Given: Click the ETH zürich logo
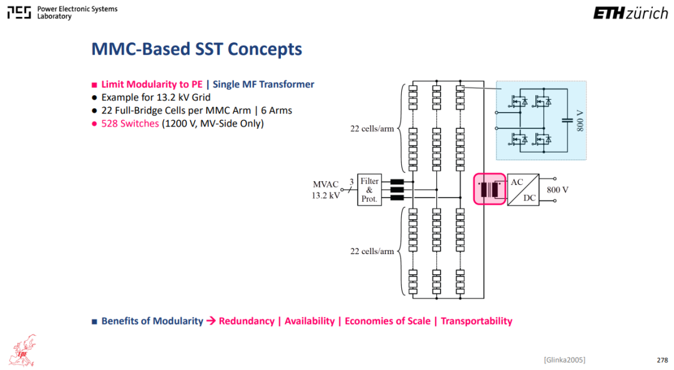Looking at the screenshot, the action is click(x=630, y=13).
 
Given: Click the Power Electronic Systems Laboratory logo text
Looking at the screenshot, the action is click(x=77, y=12).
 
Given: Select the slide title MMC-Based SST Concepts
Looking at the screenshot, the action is click(x=197, y=49).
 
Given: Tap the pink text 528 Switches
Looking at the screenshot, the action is click(x=130, y=123).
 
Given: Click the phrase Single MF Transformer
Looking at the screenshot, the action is click(x=263, y=84).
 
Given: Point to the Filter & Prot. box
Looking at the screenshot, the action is click(x=369, y=190).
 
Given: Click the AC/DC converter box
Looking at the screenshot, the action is click(x=523, y=190).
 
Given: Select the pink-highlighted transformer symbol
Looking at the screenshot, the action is click(x=490, y=189).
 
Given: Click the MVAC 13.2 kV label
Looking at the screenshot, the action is click(x=326, y=190).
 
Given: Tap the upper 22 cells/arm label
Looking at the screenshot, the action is click(x=372, y=129).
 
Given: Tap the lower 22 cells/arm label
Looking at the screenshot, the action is click(x=372, y=252).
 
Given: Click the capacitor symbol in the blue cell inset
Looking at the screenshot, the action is click(x=567, y=120).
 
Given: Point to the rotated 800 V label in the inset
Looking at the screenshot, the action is click(x=580, y=121).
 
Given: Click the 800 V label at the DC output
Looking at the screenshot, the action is click(x=557, y=190).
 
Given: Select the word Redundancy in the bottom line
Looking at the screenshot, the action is click(x=247, y=321).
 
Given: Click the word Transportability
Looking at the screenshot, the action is click(x=476, y=321).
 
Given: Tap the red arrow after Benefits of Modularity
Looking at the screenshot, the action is click(x=211, y=321).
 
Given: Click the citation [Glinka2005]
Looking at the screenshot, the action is click(x=564, y=359).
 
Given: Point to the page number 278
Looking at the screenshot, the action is click(x=662, y=360).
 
